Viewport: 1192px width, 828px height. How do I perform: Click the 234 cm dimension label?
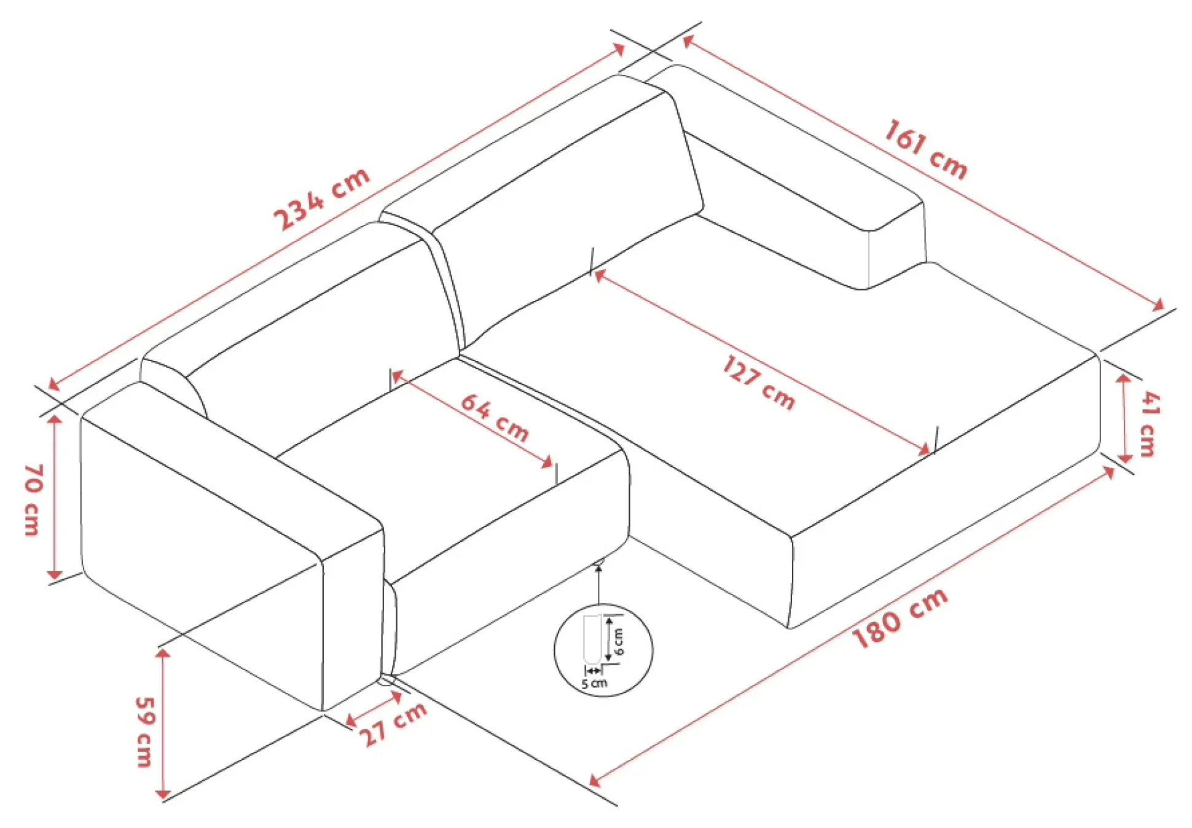tap(321, 198)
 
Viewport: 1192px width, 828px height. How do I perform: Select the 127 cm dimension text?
tap(759, 382)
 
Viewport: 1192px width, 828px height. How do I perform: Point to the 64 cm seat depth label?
tap(495, 418)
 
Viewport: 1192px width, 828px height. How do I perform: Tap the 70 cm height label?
tap(33, 499)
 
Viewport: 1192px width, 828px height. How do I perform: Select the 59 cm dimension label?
tap(144, 732)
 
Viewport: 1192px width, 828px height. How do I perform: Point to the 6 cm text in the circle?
tap(619, 642)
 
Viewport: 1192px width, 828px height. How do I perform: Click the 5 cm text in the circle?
tap(594, 683)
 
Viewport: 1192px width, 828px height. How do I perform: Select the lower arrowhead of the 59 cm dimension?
tap(163, 794)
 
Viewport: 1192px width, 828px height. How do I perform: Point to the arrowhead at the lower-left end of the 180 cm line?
tap(594, 780)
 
